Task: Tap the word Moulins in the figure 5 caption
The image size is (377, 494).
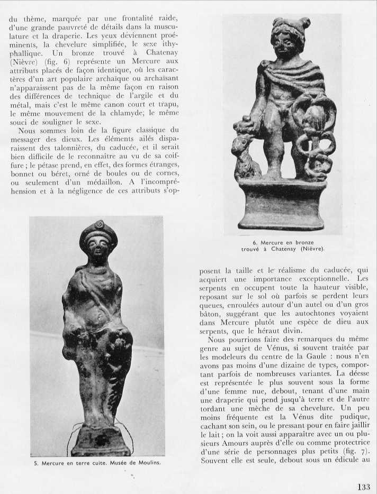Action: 147,462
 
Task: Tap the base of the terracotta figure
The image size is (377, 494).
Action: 101,442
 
